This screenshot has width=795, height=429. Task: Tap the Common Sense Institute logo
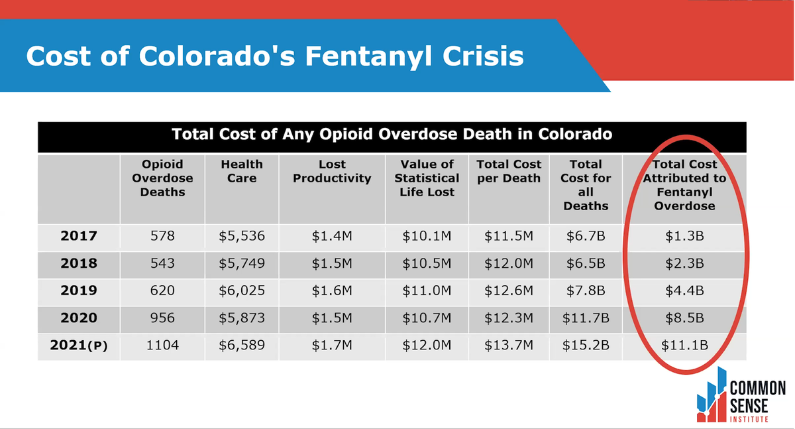click(x=740, y=396)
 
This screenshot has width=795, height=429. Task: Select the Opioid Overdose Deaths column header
click(x=162, y=178)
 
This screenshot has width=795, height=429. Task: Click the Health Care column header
click(x=241, y=171)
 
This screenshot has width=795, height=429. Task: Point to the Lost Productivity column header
click(x=332, y=171)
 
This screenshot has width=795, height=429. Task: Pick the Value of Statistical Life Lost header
click(x=427, y=178)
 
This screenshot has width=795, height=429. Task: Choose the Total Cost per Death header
click(x=509, y=171)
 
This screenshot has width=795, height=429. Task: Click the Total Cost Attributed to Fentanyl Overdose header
click(x=684, y=185)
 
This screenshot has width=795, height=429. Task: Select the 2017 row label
click(x=79, y=236)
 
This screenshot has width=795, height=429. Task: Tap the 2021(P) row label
click(x=79, y=345)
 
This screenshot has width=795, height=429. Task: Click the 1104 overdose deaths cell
click(x=162, y=345)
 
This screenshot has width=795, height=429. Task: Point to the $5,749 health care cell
click(x=242, y=263)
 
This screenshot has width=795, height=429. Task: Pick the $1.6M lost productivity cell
click(x=332, y=290)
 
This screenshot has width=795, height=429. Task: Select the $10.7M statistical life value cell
click(x=427, y=318)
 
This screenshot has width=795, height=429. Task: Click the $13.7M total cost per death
click(x=509, y=345)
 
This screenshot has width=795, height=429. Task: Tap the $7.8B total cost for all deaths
click(x=586, y=290)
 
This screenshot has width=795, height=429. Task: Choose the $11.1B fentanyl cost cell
click(x=684, y=345)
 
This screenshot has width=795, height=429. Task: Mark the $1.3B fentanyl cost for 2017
click(x=684, y=236)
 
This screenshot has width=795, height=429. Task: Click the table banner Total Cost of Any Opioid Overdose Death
click(x=392, y=135)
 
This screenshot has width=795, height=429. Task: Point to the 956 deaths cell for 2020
click(x=162, y=318)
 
